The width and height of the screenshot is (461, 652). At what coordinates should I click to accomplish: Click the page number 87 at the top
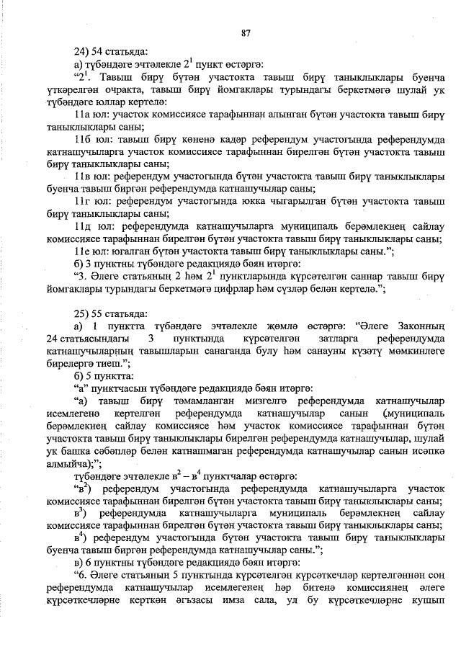(246, 32)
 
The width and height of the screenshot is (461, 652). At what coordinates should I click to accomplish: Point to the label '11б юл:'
(91, 138)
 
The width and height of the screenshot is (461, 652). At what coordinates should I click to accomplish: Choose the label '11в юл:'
(91, 176)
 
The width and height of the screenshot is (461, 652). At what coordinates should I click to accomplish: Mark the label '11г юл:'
(91, 201)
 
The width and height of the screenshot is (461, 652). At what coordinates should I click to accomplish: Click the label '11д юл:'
(91, 225)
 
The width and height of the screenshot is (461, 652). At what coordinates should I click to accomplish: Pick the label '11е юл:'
(91, 251)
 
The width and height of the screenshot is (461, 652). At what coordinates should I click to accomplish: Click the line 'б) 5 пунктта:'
(105, 375)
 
